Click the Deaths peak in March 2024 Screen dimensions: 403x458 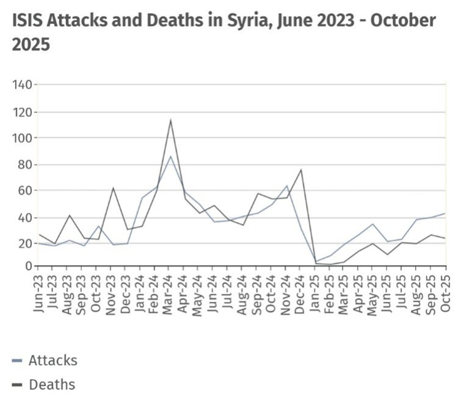tap(170, 119)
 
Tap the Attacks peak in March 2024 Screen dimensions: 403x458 tap(170, 157)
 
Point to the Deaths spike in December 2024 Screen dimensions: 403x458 tap(301, 169)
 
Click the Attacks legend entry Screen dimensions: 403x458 tap(45, 360)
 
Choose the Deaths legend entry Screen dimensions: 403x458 tap(44, 385)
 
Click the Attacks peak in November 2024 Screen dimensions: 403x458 tap(286, 186)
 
